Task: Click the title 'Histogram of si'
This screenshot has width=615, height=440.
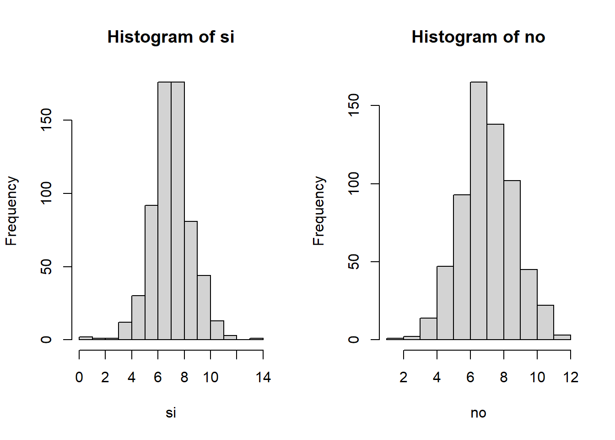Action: click(x=171, y=37)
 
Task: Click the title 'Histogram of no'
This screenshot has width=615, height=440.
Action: click(x=478, y=37)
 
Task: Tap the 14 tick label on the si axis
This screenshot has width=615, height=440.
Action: click(x=263, y=378)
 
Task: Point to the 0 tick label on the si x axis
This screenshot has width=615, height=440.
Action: click(x=79, y=378)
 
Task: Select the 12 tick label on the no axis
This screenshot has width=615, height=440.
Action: click(x=571, y=378)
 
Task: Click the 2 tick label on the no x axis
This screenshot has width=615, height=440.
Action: click(x=403, y=378)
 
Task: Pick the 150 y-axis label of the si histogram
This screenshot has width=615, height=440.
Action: click(x=46, y=120)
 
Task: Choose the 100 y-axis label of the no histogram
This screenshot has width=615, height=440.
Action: click(x=354, y=184)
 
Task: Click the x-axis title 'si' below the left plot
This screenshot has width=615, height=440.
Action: click(x=171, y=413)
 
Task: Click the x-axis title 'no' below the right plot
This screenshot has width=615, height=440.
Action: click(x=478, y=413)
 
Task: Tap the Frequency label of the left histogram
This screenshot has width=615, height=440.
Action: click(x=11, y=211)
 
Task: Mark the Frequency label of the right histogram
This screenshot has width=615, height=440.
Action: click(x=318, y=211)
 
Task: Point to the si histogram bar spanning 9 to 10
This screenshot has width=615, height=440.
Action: click(x=204, y=308)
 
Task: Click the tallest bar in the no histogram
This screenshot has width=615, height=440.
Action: click(x=479, y=211)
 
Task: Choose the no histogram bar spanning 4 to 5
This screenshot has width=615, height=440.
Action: click(x=445, y=303)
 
